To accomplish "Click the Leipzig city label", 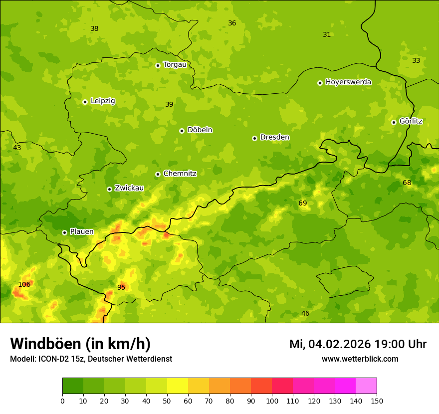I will [103, 101].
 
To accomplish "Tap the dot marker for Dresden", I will [254, 138].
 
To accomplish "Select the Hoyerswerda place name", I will [348, 82].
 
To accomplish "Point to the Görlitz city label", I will [411, 121].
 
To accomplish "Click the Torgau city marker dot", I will [158, 65].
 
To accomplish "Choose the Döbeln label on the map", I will [200, 130].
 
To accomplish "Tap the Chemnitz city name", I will [180, 174].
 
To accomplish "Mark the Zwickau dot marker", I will [109, 189].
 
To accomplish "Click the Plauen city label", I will [82, 232].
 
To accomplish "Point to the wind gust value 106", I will [24, 285].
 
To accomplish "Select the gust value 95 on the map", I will [121, 287].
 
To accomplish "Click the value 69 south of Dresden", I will [303, 203].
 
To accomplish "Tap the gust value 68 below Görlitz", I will [407, 183].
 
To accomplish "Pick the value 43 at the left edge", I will [17, 148].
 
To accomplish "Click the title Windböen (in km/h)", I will [80, 344].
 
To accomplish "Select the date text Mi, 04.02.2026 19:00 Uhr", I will [358, 344].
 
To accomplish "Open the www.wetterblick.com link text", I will [360, 359].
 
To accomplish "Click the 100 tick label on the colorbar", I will [272, 401].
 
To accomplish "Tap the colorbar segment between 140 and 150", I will [366, 386].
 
